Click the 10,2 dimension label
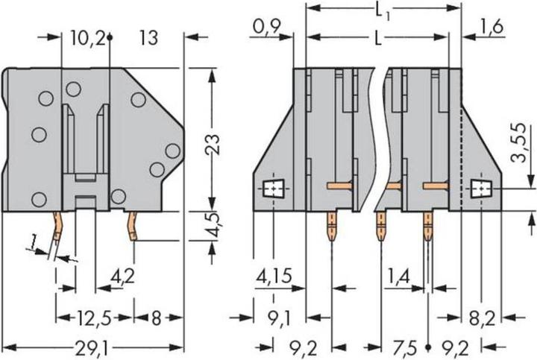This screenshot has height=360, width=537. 90,38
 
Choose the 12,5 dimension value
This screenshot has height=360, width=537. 92,319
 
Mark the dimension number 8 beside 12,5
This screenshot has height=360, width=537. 155,319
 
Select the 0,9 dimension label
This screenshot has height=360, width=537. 264,28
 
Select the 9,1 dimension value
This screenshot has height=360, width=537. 277,319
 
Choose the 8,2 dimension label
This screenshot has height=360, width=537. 481,319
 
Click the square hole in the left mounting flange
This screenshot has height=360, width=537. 274,190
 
